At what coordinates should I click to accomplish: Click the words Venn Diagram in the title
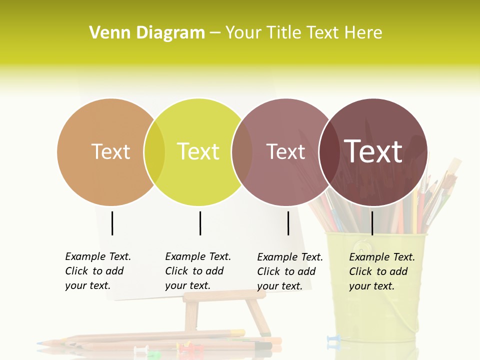pyautogui.click(x=147, y=33)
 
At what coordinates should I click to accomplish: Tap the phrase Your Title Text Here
pyautogui.click(x=304, y=33)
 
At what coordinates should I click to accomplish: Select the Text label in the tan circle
pyautogui.click(x=110, y=151)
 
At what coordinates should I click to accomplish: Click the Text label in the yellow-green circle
pyautogui.click(x=198, y=151)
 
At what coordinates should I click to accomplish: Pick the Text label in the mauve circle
pyautogui.click(x=285, y=151)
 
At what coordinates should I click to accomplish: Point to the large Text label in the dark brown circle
pyautogui.click(x=373, y=151)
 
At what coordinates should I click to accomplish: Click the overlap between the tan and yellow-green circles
pyautogui.click(x=154, y=152)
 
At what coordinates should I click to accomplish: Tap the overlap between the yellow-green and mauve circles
pyautogui.click(x=242, y=152)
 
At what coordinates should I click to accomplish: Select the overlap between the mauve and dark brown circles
pyautogui.click(x=329, y=152)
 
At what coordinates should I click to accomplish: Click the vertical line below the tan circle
pyautogui.click(x=112, y=223)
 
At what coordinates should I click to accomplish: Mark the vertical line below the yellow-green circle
pyautogui.click(x=200, y=223)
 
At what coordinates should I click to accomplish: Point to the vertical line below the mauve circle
pyautogui.click(x=288, y=223)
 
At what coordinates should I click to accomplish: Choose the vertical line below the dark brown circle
pyautogui.click(x=372, y=223)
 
